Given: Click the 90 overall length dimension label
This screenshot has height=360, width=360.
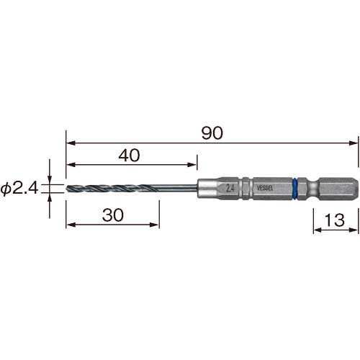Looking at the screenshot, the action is (x=212, y=133).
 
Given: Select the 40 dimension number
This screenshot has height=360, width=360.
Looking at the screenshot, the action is (x=129, y=155).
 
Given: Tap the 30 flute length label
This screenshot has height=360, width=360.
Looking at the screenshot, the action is (x=113, y=215).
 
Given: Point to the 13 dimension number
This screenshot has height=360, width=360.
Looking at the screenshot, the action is (x=334, y=220).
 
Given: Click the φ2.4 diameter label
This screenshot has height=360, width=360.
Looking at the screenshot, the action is (x=19, y=188).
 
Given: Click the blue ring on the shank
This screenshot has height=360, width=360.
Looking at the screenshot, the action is (x=295, y=189).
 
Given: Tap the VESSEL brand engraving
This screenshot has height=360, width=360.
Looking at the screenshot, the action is (x=265, y=188).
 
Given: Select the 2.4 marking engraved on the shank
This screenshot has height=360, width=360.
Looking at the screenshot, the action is (x=230, y=189).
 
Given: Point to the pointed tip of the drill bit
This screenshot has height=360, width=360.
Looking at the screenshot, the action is (x=66, y=188).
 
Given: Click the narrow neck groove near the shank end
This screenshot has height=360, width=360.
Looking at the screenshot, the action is (x=313, y=189).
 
